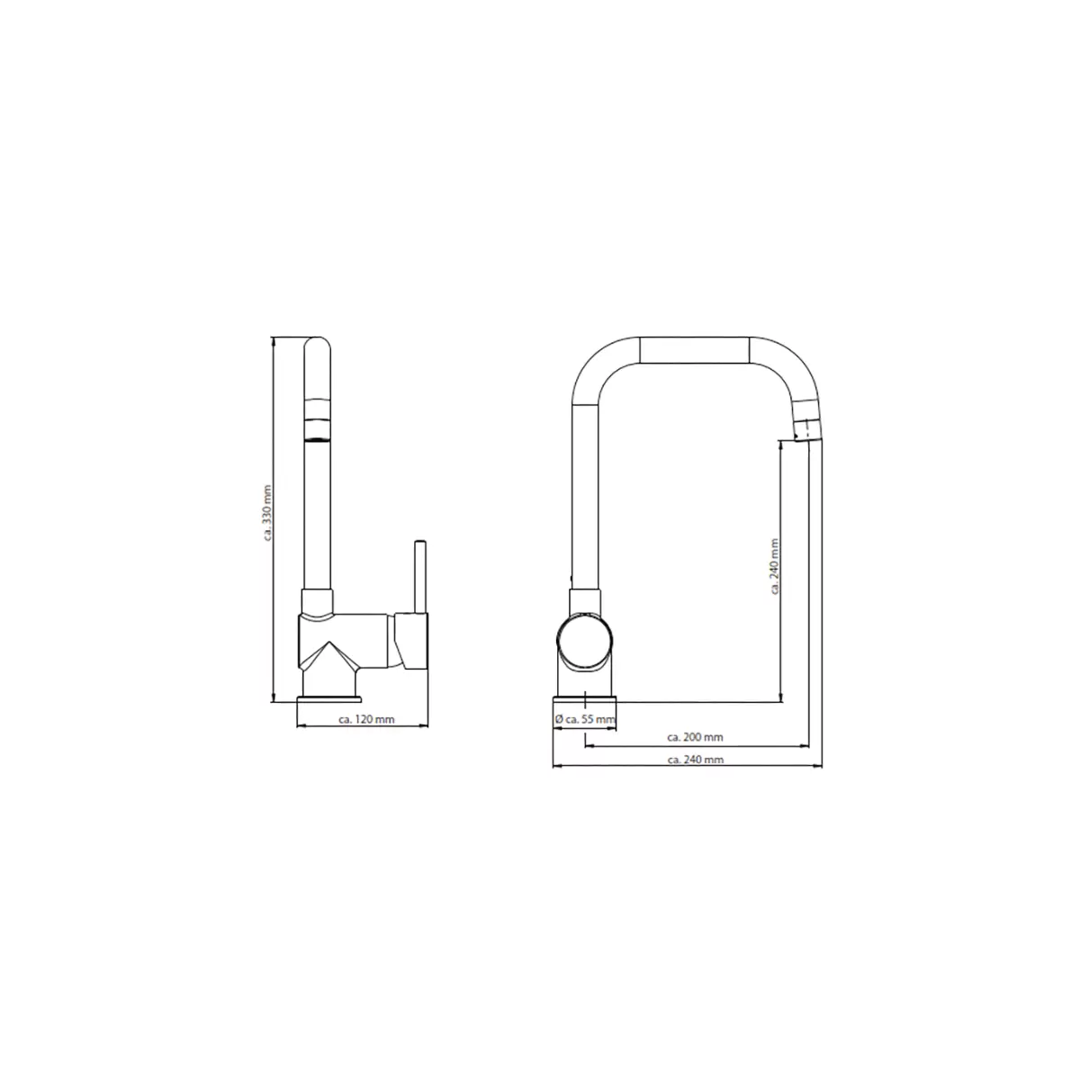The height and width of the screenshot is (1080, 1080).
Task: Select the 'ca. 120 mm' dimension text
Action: pos(366,719)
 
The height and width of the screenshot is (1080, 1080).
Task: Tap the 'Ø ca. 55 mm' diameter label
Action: pos(585,718)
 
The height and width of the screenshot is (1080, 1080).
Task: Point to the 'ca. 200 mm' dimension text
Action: pos(695,737)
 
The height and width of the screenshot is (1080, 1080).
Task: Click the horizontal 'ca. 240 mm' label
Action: pos(696,760)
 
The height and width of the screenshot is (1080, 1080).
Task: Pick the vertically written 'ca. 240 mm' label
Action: pos(775,566)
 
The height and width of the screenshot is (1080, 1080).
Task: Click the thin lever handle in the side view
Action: pos(419,576)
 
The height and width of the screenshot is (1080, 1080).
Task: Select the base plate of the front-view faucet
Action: pos(585,699)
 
